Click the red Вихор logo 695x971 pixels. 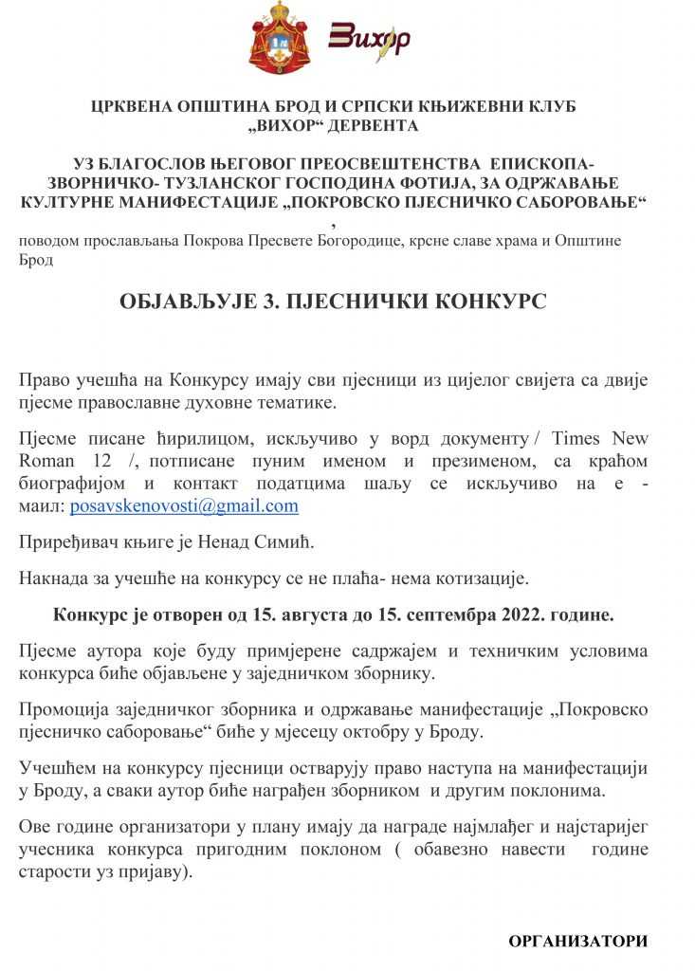[x=369, y=38]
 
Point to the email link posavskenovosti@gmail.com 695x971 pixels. [x=184, y=506]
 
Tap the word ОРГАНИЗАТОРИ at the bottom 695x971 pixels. [x=578, y=941]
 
